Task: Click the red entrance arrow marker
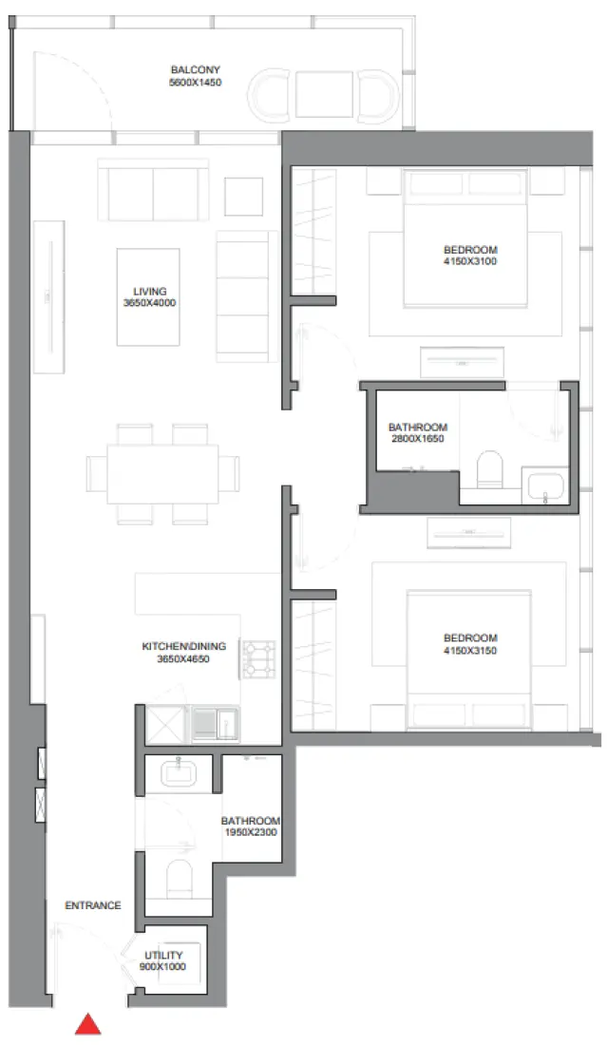pyautogui.click(x=88, y=1024)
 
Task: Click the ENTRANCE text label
pyautogui.click(x=92, y=905)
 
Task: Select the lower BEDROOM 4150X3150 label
pyautogui.click(x=470, y=644)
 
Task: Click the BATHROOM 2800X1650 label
pyautogui.click(x=416, y=433)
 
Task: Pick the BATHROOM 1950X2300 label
pyautogui.click(x=250, y=826)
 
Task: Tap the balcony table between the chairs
pyautogui.click(x=324, y=94)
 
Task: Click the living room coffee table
pyautogui.click(x=148, y=296)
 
